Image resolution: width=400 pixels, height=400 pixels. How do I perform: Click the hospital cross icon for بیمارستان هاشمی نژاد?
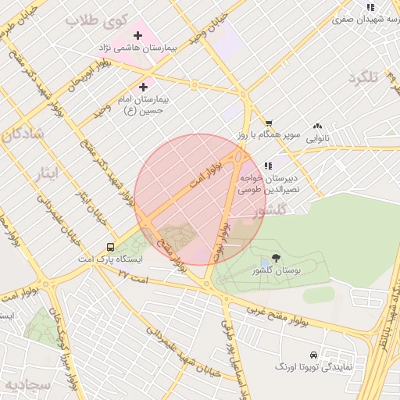(x=138, y=35)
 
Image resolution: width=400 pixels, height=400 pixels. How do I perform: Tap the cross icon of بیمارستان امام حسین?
(x=143, y=87)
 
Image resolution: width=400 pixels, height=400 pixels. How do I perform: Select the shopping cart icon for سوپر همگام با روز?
(x=269, y=123)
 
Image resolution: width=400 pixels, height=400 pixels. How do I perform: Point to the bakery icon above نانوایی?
(x=317, y=126)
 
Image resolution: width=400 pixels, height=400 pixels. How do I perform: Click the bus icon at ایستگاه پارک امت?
(x=111, y=246)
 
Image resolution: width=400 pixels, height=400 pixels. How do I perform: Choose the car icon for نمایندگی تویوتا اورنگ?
(x=313, y=354)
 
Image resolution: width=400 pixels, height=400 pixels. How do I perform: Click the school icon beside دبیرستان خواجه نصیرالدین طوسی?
(x=269, y=166)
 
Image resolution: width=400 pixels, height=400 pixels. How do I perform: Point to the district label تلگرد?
(x=363, y=78)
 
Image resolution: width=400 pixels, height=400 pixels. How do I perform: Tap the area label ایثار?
(x=47, y=173)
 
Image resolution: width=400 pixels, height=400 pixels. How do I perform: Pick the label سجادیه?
(x=27, y=386)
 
